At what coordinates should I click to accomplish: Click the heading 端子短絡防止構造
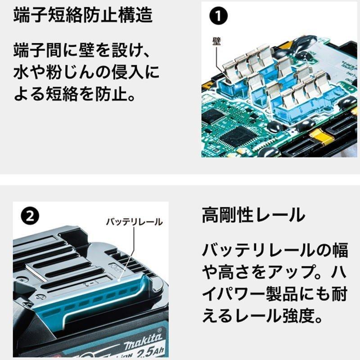click(x=83, y=15)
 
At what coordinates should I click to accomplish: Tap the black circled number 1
click(x=218, y=16)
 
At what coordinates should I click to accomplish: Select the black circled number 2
click(x=30, y=216)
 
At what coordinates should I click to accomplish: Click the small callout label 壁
click(x=216, y=41)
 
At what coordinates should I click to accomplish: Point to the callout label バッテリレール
click(x=134, y=222)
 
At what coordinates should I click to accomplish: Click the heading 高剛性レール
click(x=253, y=215)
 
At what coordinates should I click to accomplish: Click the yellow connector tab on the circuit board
click(x=321, y=137)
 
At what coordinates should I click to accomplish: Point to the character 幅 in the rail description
click(x=340, y=250)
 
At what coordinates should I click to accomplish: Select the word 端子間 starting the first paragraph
click(x=37, y=50)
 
